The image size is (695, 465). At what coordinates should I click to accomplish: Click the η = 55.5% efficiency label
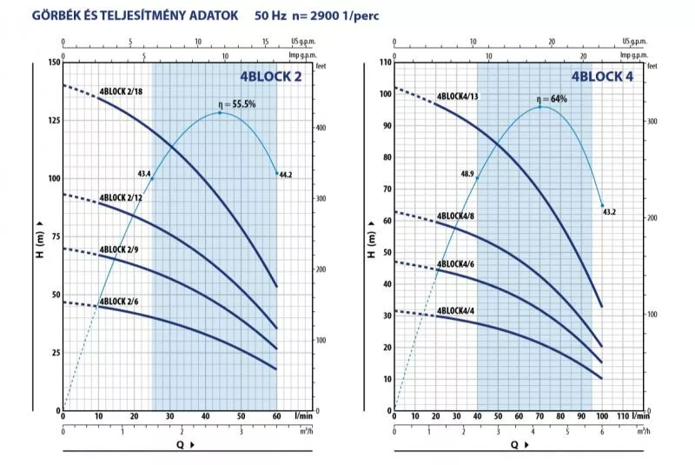[236, 104]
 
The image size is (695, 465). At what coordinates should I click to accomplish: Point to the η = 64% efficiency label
[552, 98]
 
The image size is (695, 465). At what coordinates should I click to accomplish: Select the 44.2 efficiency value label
[286, 174]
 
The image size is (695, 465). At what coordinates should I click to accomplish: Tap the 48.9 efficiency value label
[467, 174]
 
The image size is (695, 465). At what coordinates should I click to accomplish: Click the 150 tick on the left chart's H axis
[53, 63]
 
